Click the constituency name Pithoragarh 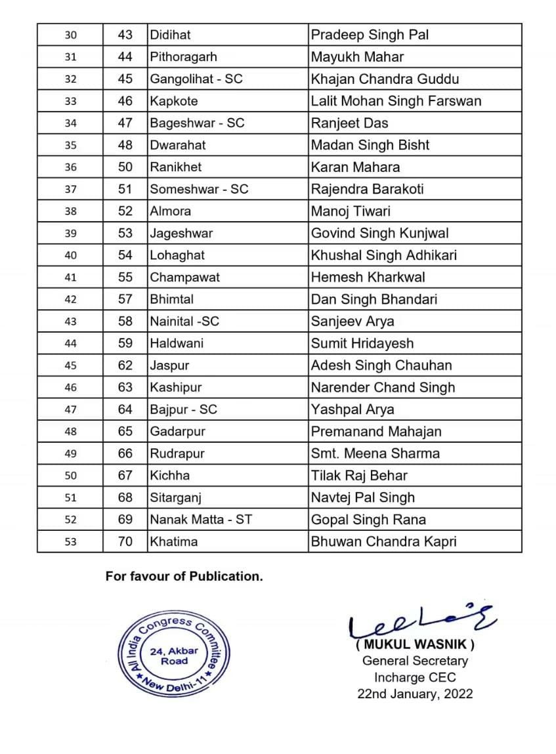(183, 57)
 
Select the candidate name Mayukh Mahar (357, 57)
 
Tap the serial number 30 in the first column (70, 35)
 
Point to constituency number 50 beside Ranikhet (125, 167)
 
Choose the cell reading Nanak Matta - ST (202, 520)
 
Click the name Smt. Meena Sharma (375, 453)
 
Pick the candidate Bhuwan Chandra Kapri (383, 542)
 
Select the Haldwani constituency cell (177, 343)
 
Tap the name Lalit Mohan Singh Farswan (396, 101)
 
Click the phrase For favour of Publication (184, 577)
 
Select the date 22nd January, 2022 (415, 694)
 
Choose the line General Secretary (415, 661)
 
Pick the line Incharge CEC (415, 677)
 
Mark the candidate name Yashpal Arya (353, 409)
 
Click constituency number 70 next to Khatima (125, 542)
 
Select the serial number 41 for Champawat (70, 278)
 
